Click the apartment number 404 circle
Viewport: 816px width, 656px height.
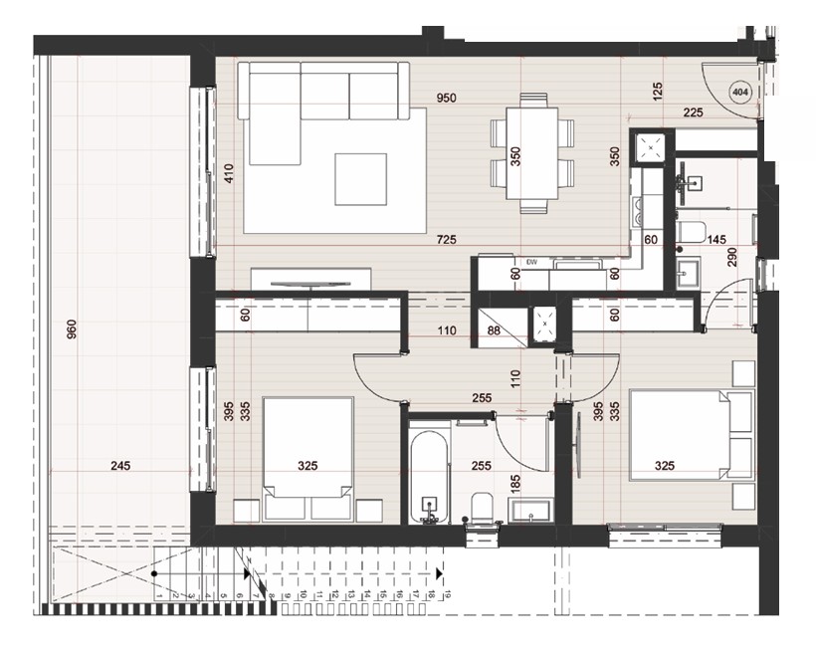(739, 93)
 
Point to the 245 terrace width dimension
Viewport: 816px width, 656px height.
(121, 465)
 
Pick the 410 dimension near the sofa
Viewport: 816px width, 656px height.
(228, 175)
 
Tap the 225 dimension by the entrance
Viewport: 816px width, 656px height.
(693, 112)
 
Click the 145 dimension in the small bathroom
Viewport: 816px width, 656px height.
(715, 240)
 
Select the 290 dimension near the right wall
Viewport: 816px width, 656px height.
(731, 256)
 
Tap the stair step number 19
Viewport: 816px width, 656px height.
(449, 594)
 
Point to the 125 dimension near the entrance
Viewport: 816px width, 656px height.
(657, 93)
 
